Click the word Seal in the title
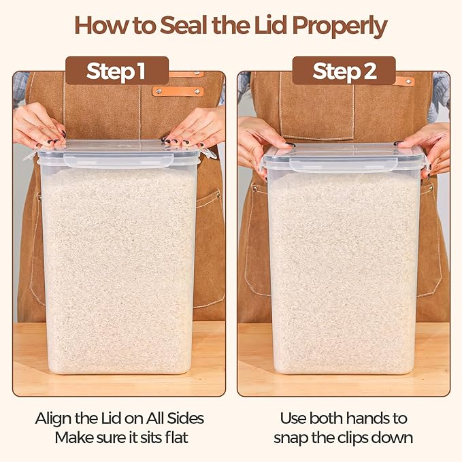[183, 25]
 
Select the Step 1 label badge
[117, 71]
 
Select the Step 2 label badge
[344, 71]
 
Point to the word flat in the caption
[176, 438]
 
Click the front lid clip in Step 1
[118, 161]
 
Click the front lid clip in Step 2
[344, 164]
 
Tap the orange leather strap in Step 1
[178, 91]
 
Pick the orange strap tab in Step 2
[405, 81]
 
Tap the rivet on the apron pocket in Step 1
[218, 194]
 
